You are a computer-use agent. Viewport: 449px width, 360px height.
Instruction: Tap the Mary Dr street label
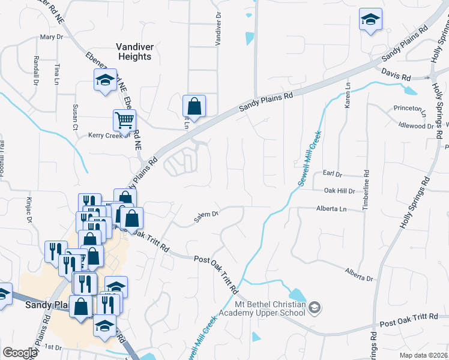point(51,37)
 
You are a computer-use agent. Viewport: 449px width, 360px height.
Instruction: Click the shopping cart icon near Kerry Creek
point(124,120)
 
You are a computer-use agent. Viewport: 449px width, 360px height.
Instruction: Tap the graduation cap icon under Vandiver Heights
point(105,79)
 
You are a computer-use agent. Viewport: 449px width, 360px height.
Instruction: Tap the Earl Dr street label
point(332,174)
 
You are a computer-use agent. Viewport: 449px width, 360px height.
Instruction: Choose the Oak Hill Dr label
point(340,191)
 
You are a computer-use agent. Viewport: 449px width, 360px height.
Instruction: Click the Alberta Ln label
point(332,209)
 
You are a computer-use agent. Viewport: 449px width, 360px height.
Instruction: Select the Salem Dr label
point(205,213)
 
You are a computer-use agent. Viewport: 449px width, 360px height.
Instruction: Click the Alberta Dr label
point(359,275)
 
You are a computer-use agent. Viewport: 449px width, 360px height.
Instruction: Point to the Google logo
point(20,353)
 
